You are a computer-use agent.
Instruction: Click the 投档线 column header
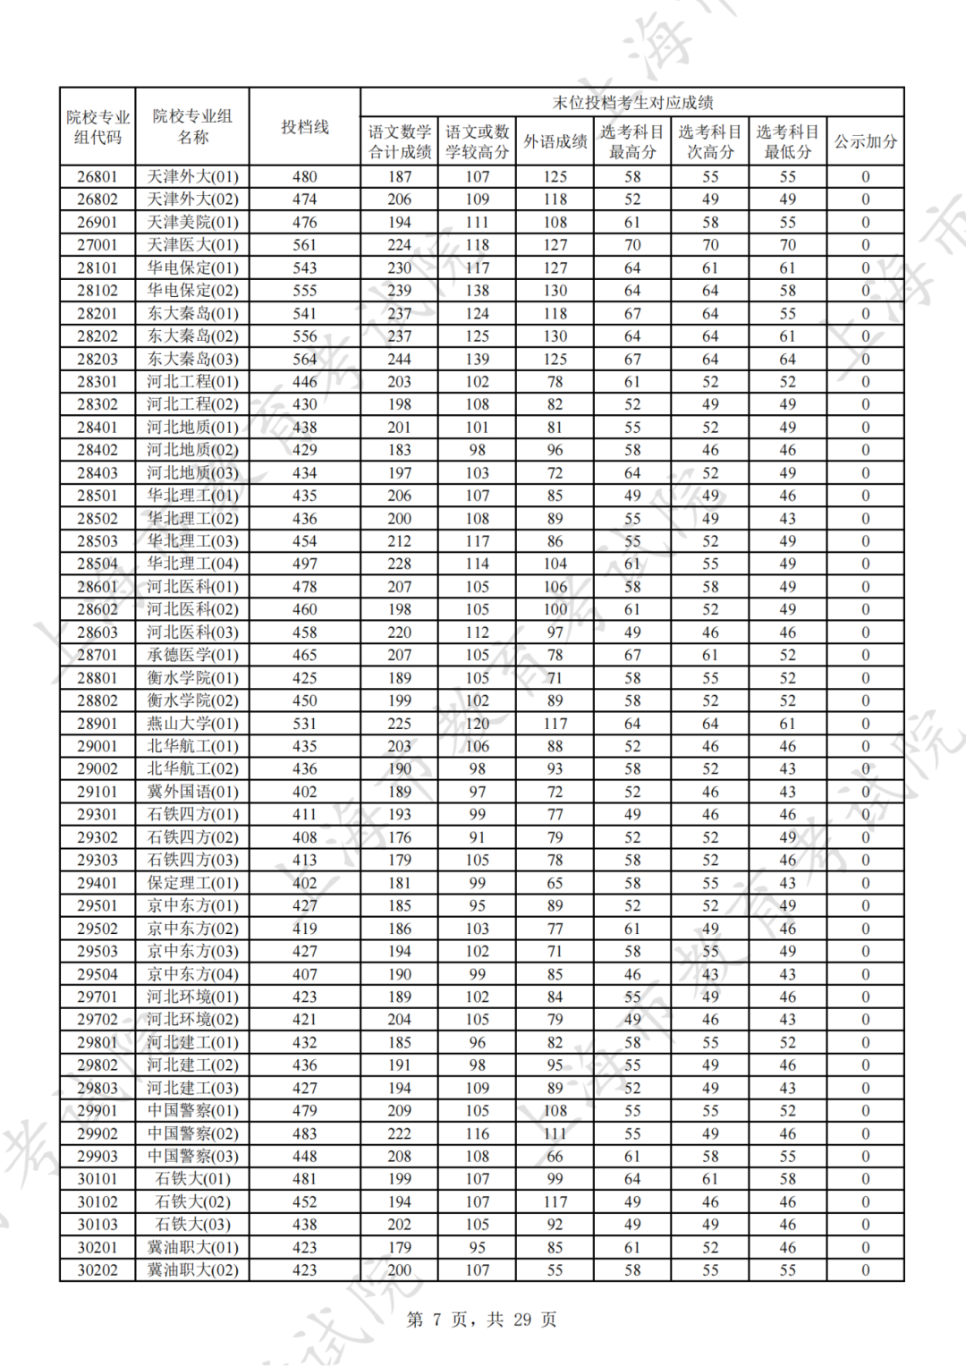[305, 127]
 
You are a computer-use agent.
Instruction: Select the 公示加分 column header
[865, 141]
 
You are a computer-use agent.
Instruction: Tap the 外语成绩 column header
[555, 141]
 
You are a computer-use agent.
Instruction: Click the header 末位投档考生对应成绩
[632, 102]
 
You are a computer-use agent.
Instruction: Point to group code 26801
[97, 176]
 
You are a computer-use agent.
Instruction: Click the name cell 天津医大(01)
[192, 244]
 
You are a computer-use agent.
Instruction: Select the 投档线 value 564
[305, 359]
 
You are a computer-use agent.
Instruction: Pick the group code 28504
[97, 564]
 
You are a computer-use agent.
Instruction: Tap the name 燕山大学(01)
[192, 723]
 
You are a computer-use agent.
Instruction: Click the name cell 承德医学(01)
[192, 655]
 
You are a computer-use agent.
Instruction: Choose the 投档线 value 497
[305, 564]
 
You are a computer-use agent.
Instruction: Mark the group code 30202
[97, 1269]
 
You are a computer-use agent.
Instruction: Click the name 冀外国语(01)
[192, 792]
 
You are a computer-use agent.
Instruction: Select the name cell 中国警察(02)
[192, 1133]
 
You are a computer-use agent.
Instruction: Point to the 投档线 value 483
[305, 1133]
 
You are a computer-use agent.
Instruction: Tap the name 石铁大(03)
[192, 1224]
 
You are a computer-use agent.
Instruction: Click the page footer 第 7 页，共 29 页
[481, 1319]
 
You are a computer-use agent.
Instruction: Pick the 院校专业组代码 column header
[97, 127]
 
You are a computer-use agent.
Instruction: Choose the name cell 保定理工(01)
[192, 883]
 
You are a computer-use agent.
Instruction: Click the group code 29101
[97, 792]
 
